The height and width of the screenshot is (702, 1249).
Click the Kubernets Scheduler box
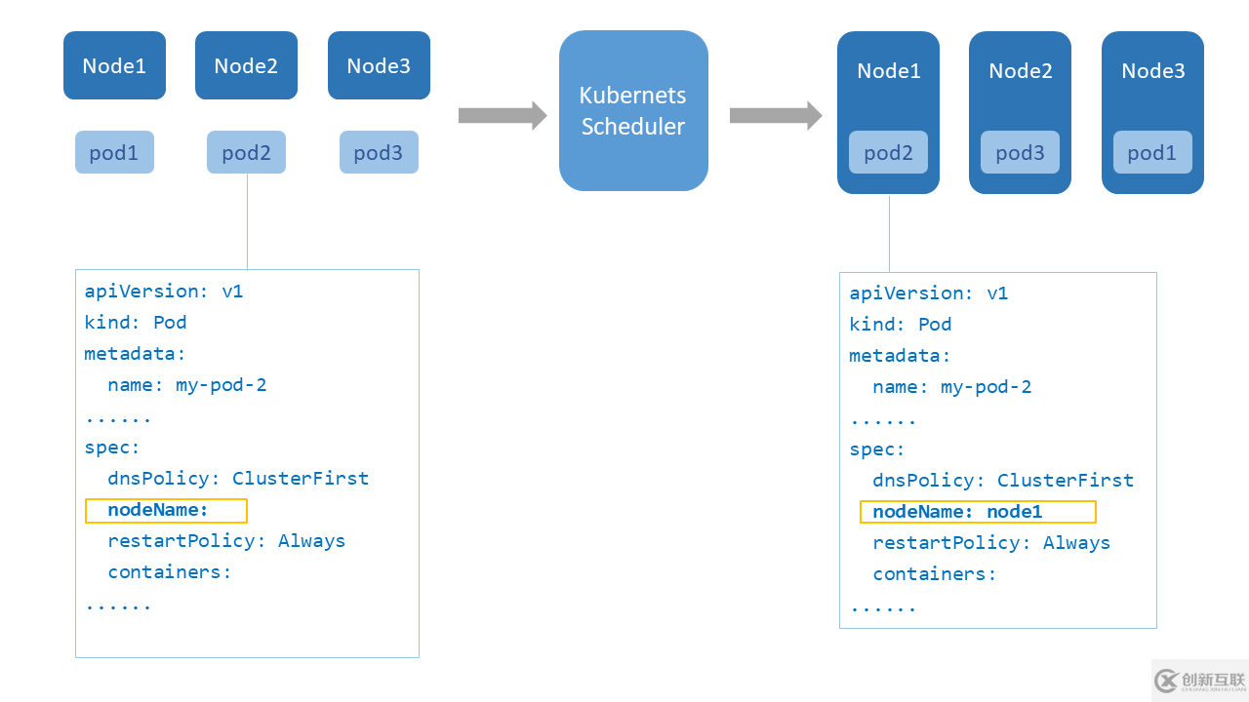[x=633, y=110]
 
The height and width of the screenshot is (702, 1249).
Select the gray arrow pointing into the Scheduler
[x=502, y=115]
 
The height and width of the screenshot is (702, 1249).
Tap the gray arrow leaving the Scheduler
[x=775, y=115]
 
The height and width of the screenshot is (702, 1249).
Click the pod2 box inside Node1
[x=888, y=152]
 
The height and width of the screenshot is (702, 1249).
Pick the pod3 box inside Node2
[x=1020, y=152]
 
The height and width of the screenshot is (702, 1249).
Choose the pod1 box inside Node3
[x=1152, y=152]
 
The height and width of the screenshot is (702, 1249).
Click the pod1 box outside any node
[x=114, y=152]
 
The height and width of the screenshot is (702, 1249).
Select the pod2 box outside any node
[x=246, y=152]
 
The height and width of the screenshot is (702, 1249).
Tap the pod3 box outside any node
[x=379, y=152]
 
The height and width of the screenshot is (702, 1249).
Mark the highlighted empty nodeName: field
[x=166, y=510]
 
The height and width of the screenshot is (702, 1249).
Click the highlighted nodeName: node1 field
[x=977, y=512]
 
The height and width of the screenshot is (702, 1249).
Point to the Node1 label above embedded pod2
[x=888, y=71]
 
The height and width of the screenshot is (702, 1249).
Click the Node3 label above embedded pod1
[x=1152, y=71]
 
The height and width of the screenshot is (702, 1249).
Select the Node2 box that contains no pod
[x=246, y=65]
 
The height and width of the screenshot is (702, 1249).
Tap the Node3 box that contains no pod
[x=379, y=65]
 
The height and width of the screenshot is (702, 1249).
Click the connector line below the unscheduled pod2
[x=247, y=221]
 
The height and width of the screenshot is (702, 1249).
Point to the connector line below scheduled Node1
[x=889, y=233]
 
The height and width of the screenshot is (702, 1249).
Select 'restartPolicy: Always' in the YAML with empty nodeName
[x=226, y=541]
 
